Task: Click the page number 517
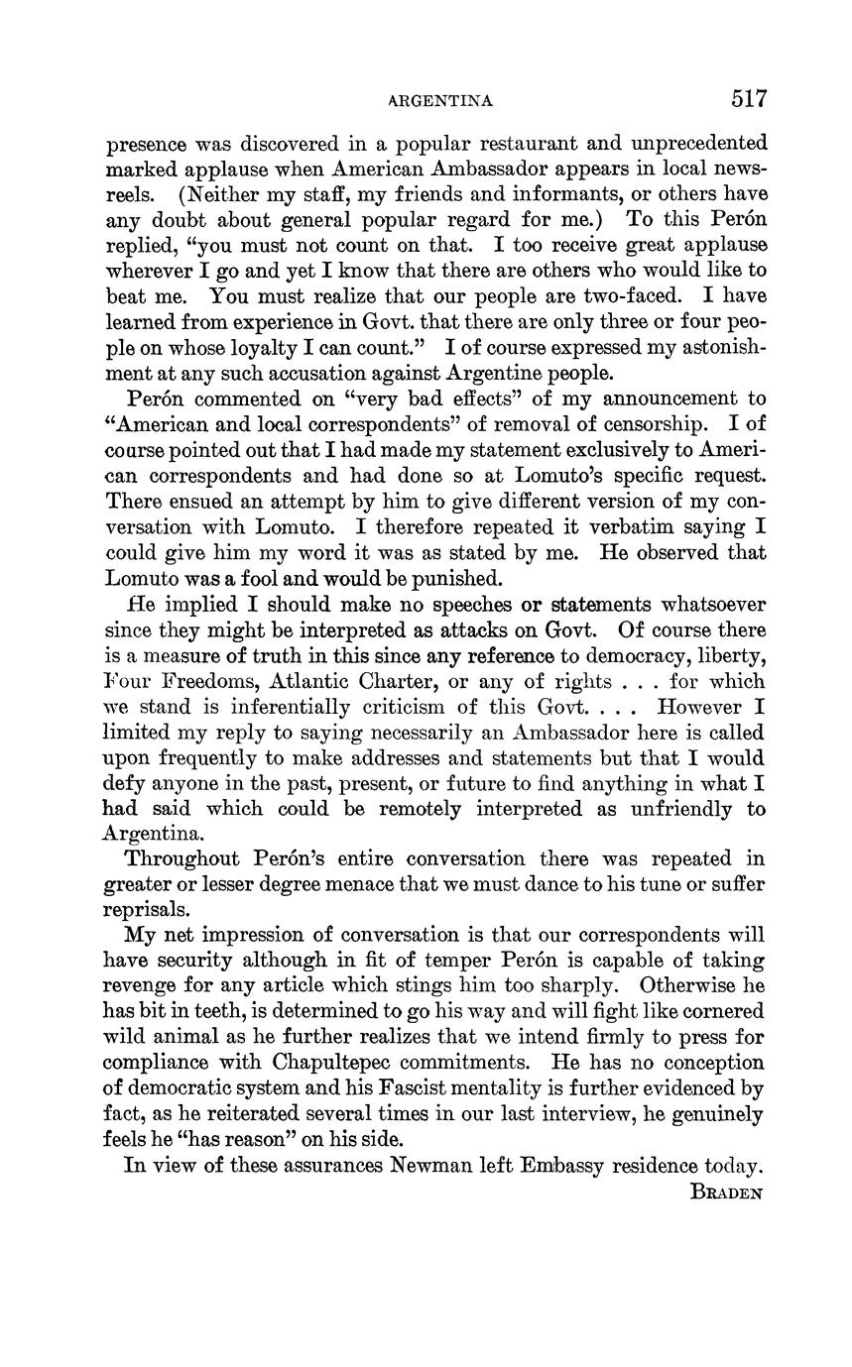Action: tap(749, 98)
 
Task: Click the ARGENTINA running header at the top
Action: tap(440, 100)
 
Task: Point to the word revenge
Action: tap(146, 986)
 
